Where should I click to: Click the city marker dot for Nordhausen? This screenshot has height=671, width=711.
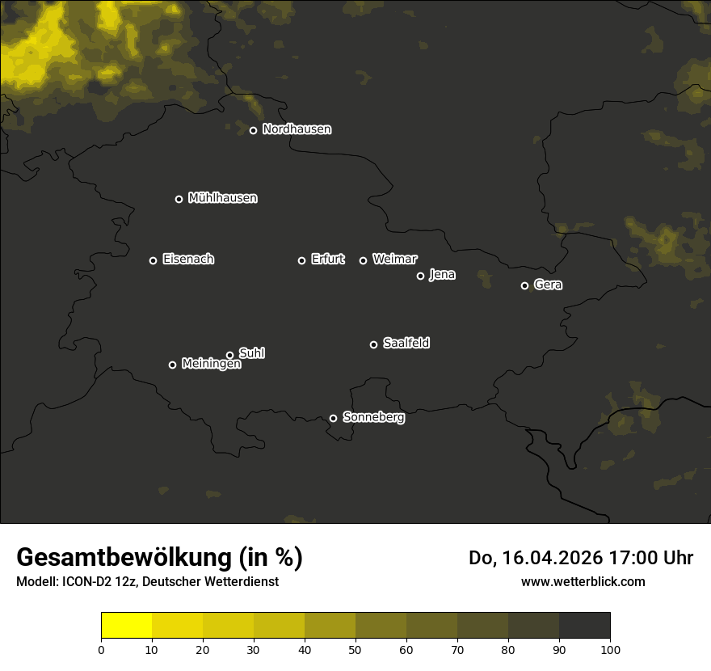253,130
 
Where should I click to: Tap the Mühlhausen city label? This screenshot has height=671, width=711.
222,198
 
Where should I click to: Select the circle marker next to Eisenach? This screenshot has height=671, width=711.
153,260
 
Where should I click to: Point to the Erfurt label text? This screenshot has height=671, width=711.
327,260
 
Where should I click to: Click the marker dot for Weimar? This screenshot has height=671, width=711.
363,260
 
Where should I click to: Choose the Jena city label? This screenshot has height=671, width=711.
442,275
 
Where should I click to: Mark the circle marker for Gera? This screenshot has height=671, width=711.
524,285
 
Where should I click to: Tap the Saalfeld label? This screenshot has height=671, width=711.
406,344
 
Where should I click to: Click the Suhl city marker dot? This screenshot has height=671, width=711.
229,355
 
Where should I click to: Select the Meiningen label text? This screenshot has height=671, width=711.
211,365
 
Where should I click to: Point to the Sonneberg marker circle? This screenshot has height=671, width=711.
333,418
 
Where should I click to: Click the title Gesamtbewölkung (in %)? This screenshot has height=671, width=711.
159,558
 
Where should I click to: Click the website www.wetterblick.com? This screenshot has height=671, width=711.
583,581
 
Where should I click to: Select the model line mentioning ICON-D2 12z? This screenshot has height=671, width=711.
147,582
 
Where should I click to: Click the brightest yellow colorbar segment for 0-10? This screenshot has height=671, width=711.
126,626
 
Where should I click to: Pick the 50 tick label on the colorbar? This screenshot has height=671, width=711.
355,649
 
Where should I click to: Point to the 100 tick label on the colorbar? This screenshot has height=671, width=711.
610,649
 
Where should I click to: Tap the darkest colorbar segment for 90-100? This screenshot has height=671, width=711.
584,626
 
